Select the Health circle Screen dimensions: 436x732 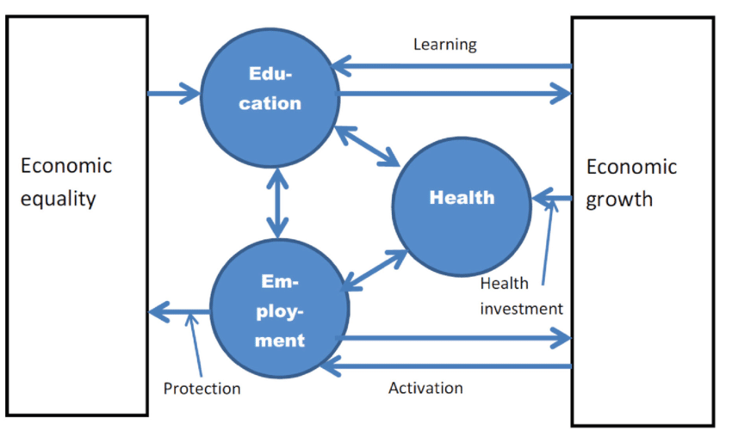pos(462,199)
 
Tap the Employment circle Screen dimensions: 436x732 pos(281,310)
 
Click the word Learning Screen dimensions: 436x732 pos(444,44)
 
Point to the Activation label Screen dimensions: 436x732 pos(425,388)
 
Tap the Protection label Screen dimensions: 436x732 pos(202,389)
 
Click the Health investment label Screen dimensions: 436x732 pos(521,296)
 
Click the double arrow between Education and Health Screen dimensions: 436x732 pos(368,146)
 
